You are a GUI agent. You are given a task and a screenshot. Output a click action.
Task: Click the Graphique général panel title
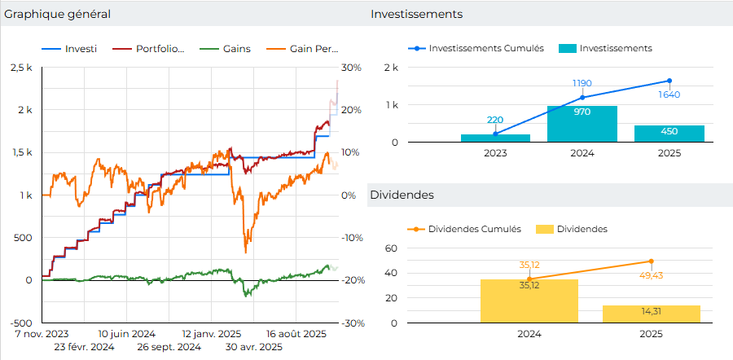57,15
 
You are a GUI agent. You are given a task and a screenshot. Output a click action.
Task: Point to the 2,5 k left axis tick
21,68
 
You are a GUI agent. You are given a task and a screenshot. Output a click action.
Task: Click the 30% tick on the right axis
351,68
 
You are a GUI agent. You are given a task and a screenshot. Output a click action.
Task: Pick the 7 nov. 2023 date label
42,334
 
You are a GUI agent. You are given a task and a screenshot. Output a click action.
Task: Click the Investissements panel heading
416,15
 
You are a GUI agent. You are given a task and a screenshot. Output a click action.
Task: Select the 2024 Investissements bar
582,124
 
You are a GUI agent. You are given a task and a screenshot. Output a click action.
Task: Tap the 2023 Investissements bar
495,138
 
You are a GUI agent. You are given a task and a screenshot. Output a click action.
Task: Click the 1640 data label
669,94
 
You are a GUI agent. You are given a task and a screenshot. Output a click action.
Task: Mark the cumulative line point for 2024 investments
582,98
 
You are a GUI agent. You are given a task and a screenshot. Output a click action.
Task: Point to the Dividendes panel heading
402,195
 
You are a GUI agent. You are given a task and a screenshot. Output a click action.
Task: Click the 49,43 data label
651,276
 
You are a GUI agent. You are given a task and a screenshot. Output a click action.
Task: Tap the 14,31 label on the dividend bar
651,311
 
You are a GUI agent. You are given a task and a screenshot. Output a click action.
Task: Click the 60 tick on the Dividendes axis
389,248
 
